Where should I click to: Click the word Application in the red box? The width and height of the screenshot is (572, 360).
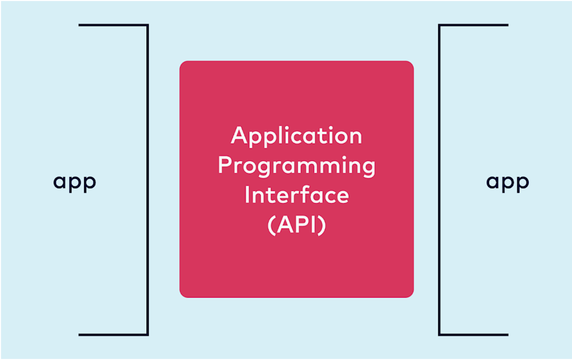[296, 137]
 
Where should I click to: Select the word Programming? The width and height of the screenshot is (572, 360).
[296, 166]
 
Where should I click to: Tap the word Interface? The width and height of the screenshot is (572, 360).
[296, 195]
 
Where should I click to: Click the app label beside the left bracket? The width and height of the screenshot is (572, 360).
[75, 182]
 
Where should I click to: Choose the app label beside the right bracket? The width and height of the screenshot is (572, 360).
[507, 182]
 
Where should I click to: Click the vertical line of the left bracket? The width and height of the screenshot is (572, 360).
[148, 179]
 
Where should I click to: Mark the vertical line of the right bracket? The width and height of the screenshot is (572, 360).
[439, 179]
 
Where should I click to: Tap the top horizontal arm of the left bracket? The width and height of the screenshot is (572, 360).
[113, 25]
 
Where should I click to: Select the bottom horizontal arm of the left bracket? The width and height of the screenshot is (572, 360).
[113, 334]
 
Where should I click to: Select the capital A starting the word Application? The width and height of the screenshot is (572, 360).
[239, 136]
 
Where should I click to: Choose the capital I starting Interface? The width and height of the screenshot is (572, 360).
[247, 195]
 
